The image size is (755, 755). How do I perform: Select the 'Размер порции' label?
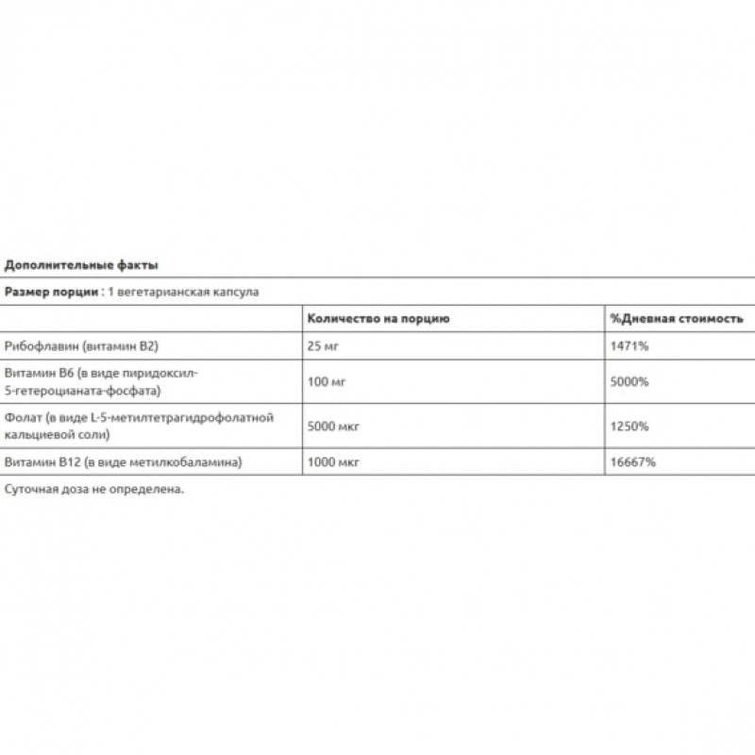point(53,293)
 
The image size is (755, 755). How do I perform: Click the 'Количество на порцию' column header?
point(378,319)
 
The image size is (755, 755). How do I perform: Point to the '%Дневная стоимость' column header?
point(677,319)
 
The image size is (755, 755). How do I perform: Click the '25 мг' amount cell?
point(323,346)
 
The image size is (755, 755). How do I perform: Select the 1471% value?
point(630,346)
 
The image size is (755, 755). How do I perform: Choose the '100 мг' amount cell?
point(327,380)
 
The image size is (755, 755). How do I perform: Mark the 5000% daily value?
point(630,380)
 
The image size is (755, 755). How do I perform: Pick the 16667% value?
point(633,461)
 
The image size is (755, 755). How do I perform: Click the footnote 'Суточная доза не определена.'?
point(93,489)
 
